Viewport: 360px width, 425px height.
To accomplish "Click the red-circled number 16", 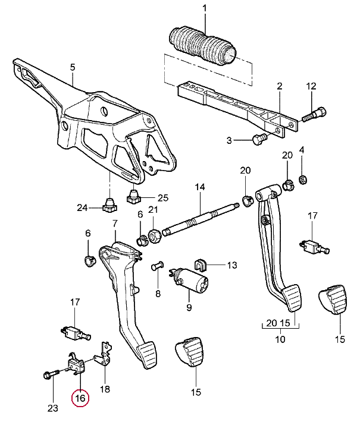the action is [80, 398].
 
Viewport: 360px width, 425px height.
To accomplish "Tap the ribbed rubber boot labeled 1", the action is [202, 45].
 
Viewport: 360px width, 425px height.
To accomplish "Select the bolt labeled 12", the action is [314, 115].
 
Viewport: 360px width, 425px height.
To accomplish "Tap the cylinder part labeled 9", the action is [190, 281].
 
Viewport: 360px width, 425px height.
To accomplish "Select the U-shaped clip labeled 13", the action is [200, 265].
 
